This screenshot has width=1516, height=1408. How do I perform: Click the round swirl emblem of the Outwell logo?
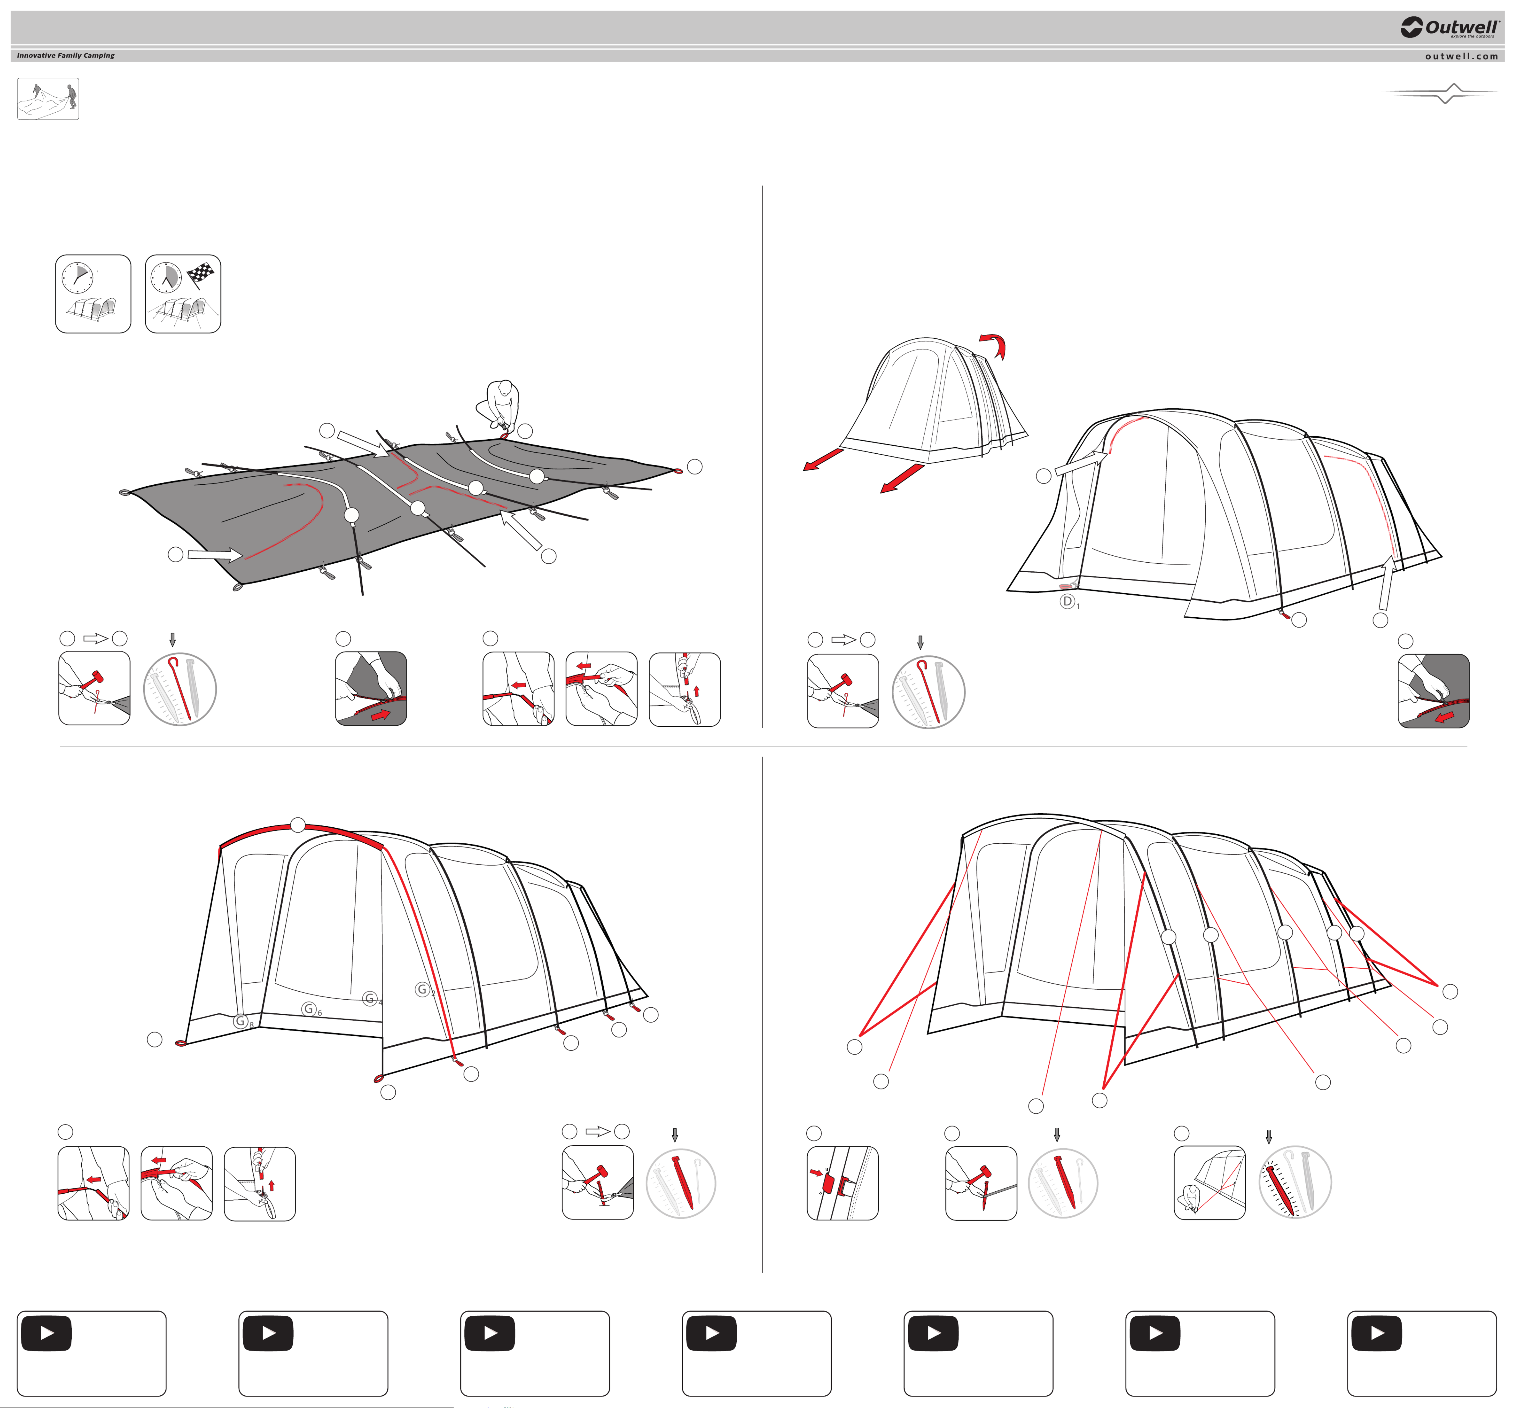(1411, 28)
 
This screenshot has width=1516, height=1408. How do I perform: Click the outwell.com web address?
(1461, 56)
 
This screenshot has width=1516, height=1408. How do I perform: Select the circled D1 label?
(1069, 602)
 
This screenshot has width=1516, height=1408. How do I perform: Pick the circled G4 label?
(372, 999)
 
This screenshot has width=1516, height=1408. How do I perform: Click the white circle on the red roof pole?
(298, 825)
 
